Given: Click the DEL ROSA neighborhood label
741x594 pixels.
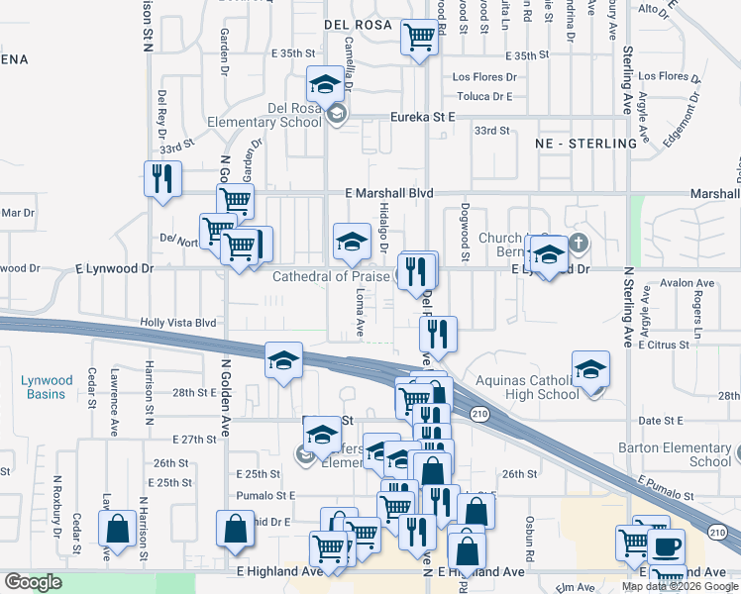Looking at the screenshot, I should coord(358,25).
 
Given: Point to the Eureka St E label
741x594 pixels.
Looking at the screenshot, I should coord(422,116).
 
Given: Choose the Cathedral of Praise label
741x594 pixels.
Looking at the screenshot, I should coord(332,276).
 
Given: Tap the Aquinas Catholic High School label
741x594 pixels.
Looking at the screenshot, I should coord(527,387).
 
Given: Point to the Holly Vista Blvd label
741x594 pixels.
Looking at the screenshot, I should coord(178,323).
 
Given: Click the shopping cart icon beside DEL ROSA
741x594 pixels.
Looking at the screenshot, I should coord(419,38).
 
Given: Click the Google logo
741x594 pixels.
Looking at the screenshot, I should coord(33,582).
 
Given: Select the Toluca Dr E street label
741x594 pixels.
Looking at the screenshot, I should coord(483,97).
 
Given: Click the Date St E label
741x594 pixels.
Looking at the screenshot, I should coord(665,421).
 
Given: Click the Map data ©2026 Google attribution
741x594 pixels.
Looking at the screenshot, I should coord(681,586).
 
